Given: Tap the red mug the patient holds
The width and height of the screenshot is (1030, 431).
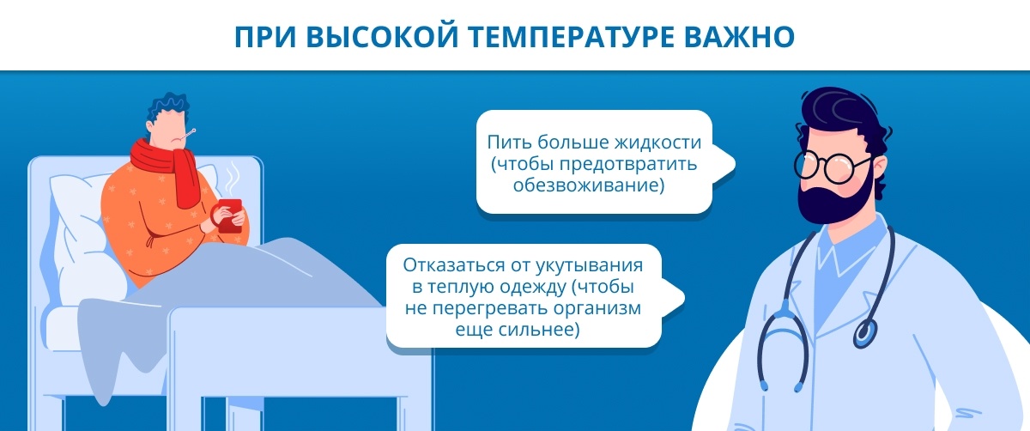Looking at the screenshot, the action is (x=230, y=215).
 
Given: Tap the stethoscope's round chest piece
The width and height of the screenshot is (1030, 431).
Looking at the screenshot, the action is (x=865, y=332).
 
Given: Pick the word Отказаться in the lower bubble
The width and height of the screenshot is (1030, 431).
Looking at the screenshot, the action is (x=454, y=265).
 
